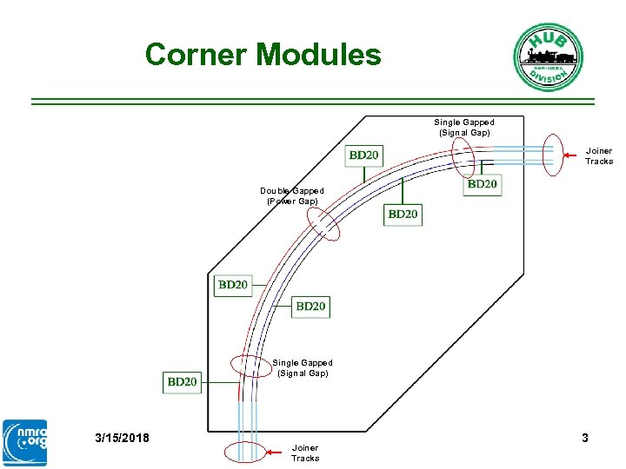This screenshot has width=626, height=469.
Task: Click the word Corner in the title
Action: pos(196,55)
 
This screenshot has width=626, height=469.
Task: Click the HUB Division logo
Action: pos(548,56)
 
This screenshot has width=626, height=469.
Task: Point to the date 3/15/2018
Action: pos(122,438)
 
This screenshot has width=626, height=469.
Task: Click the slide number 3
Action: pos(585,438)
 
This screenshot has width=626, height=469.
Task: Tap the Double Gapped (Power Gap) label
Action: pos(291,196)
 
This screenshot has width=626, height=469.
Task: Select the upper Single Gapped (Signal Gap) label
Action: pos(464,128)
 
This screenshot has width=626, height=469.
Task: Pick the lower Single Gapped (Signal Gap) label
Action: pos(303,367)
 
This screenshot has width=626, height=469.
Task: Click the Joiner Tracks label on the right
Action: pos(598,155)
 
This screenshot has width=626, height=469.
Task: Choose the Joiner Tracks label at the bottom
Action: pos(305,452)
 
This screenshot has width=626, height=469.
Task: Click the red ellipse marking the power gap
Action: pos(321,221)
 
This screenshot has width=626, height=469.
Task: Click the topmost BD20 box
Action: pos(363,155)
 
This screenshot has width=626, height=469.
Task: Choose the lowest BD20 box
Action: pos(182,381)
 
